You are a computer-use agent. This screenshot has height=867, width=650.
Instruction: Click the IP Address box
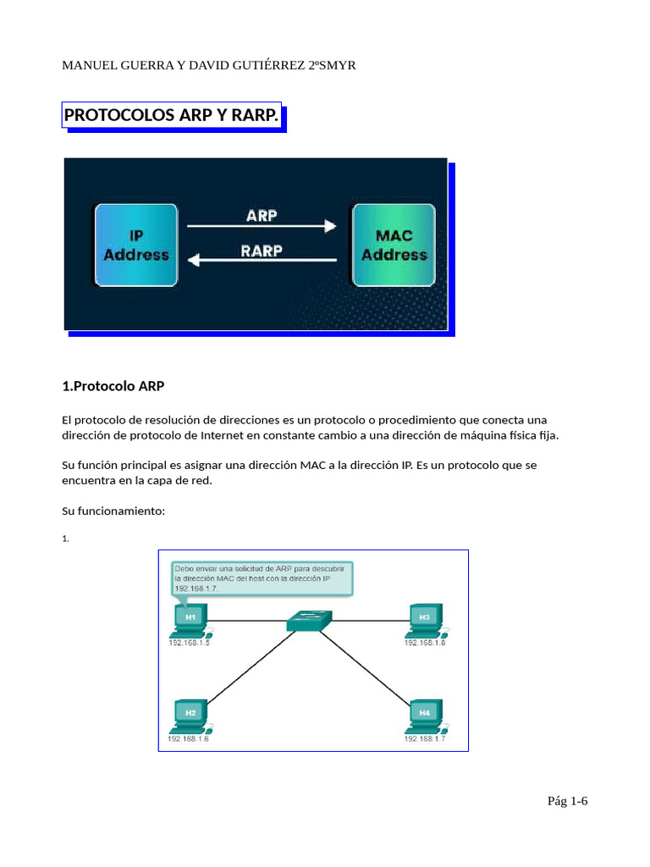135,244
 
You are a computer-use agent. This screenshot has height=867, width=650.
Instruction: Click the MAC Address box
394,244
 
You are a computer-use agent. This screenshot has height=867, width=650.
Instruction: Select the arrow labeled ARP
262,226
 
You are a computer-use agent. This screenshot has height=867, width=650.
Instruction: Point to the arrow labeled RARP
262,261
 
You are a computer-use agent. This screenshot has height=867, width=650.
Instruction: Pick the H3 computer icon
424,619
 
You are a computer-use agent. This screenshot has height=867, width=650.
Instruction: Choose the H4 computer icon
424,714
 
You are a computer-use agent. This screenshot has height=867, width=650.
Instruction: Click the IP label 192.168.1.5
188,643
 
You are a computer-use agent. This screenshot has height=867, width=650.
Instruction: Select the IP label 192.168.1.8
424,643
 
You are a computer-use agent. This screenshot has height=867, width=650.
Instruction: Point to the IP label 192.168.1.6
188,739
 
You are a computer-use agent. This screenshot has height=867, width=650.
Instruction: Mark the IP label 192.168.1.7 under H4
424,739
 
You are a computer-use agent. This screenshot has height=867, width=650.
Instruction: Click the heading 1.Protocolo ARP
113,386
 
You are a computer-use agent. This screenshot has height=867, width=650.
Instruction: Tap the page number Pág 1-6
567,801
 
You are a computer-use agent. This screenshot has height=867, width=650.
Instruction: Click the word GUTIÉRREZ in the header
262,64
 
